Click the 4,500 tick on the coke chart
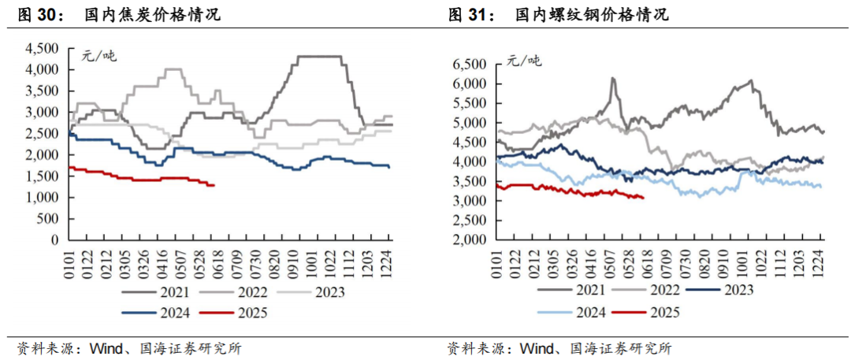(43, 49)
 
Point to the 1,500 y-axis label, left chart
(43, 176)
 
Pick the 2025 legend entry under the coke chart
(234, 312)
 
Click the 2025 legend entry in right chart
(646, 312)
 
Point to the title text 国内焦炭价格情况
(153, 15)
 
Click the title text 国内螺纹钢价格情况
(593, 15)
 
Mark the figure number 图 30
(38, 15)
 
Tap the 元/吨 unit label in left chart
(98, 55)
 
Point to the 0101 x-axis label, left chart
(70, 258)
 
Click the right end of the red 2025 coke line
(214, 186)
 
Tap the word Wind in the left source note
(102, 347)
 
